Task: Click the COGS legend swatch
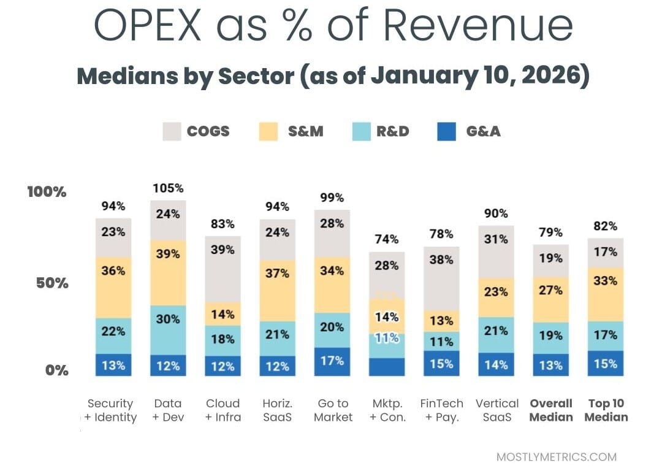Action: coord(172,131)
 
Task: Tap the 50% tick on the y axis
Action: coord(48,283)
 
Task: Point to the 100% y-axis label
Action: coord(47,192)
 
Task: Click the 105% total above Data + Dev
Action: coord(168,188)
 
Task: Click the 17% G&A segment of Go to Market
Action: coord(332,361)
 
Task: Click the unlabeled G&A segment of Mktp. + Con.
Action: coord(387,367)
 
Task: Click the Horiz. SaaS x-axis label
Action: coord(277,410)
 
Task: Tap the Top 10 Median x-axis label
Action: coord(606,410)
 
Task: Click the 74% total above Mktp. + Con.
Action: coord(387,239)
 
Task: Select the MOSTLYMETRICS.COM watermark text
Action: coord(557,457)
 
